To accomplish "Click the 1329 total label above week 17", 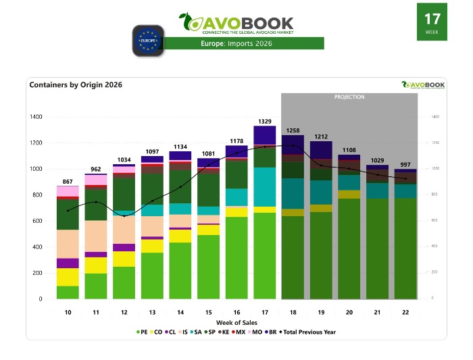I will (265, 121).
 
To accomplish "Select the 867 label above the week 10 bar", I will (68, 182).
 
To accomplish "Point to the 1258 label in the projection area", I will (293, 130).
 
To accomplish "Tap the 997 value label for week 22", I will (405, 165).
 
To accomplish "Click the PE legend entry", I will (141, 332).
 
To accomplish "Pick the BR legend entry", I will (270, 332).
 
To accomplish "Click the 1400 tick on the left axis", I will (35, 117).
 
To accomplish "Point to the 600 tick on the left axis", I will (36, 221).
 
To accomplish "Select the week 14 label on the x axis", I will (180, 313).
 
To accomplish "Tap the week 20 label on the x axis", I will (349, 313).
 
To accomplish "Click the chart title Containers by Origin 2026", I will (76, 85).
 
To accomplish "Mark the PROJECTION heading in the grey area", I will (349, 97).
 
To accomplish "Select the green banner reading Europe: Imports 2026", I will (244, 44).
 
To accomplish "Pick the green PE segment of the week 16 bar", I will (236, 257).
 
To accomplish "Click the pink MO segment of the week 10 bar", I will (68, 191).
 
